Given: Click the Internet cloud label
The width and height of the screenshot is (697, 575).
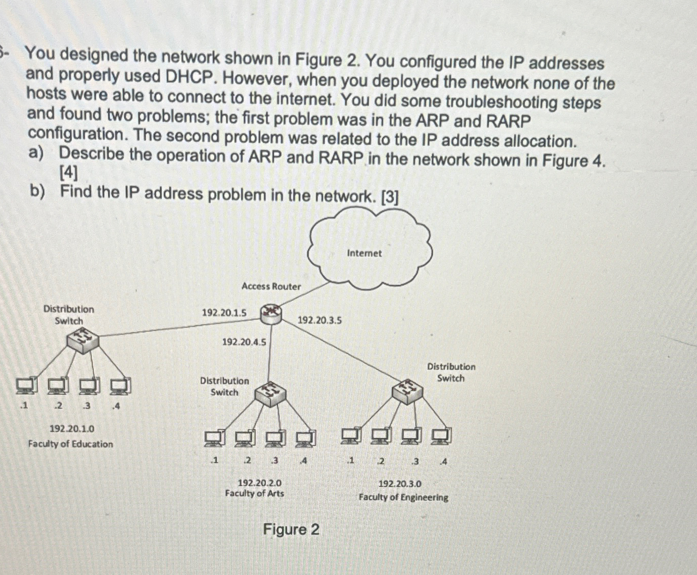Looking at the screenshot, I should (364, 253).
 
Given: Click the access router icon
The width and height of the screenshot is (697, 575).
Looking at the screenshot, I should (271, 314).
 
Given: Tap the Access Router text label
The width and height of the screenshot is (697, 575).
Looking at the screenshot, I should (271, 286).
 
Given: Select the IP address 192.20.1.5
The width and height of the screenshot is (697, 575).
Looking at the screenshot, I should (224, 312).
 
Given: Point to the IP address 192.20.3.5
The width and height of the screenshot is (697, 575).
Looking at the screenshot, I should (319, 320).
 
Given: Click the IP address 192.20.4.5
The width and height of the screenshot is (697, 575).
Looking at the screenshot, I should (244, 342).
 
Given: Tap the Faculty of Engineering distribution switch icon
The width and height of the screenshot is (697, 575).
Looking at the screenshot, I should (407, 391).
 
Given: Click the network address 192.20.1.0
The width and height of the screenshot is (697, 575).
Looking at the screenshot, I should (71, 429).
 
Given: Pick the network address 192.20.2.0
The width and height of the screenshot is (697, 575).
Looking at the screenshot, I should (260, 482).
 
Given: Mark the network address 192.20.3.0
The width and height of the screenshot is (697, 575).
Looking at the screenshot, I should (400, 484).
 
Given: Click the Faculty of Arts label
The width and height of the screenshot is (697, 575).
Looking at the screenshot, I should (255, 494).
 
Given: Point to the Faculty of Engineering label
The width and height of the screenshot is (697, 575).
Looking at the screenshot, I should (403, 497).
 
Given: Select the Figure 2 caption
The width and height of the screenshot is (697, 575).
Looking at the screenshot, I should (291, 530).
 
